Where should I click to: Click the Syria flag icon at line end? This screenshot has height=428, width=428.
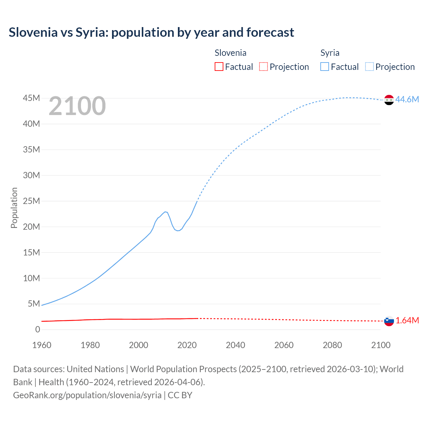click(389, 100)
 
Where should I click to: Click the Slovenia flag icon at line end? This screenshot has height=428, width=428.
click(389, 321)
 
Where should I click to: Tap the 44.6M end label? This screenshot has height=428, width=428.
click(407, 99)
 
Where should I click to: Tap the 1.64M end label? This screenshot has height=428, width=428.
click(407, 320)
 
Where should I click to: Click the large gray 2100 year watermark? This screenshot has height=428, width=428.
click(77, 106)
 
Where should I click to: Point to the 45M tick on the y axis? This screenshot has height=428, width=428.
click(31, 98)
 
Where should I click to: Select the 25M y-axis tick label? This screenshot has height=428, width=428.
click(31, 201)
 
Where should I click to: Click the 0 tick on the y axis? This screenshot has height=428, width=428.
click(37, 329)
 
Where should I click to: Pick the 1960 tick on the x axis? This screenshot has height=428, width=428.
click(42, 345)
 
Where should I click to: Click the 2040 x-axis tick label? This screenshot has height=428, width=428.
click(235, 345)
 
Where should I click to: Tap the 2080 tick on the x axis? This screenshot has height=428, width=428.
click(332, 345)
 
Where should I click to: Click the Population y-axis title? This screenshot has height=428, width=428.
click(14, 208)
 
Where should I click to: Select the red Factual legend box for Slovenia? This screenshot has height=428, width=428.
click(219, 67)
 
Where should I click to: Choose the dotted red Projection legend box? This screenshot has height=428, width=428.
click(263, 67)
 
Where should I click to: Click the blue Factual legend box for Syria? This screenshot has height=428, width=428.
click(325, 67)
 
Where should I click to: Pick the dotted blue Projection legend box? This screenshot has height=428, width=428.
click(369, 67)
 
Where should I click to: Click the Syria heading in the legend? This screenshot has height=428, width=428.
click(330, 53)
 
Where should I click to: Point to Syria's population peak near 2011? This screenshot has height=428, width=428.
click(165, 212)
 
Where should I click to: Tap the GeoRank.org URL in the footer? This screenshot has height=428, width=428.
click(87, 395)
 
